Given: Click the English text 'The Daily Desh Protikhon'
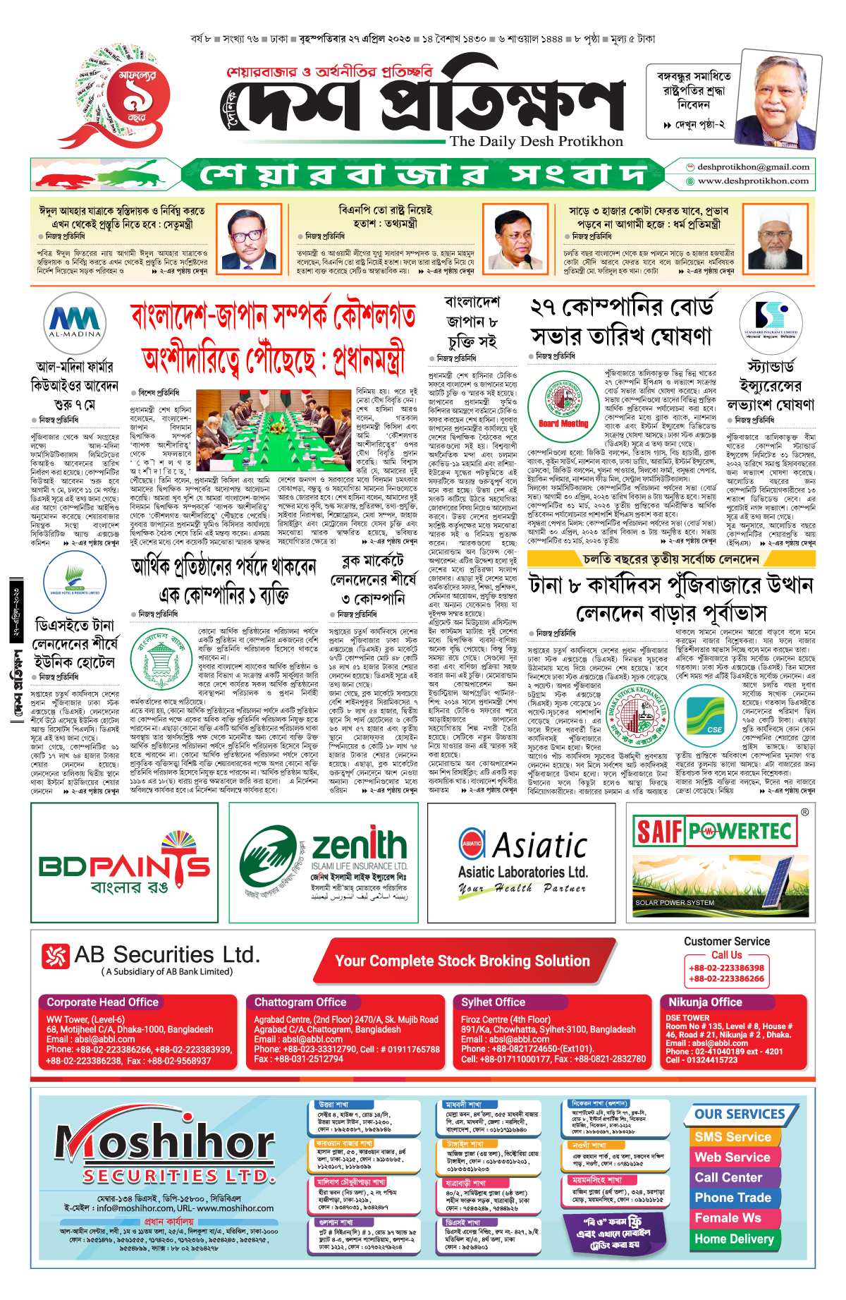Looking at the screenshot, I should pos(536,141).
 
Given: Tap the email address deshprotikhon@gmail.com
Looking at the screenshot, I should pos(753,167).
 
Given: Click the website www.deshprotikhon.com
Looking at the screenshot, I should pos(753,181).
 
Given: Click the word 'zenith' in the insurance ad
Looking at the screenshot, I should pos(359,844).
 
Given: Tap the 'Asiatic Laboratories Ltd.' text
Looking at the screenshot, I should pos(522,872).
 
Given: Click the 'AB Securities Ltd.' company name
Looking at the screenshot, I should pos(166,955).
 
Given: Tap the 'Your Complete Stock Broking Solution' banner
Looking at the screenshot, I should pos(462,961).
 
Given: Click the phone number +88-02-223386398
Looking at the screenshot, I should pos(726,968).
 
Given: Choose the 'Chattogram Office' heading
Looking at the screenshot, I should pos(300,1002).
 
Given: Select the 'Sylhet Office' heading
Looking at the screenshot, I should pos(493,1002).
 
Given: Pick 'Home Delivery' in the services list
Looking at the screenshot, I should pos(734,1239).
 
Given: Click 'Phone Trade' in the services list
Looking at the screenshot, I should pos(732,1198).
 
